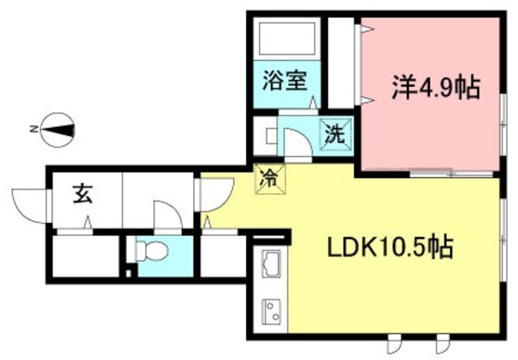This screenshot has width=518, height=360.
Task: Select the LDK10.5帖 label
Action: point(388,244)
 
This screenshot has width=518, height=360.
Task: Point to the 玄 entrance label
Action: point(82,196)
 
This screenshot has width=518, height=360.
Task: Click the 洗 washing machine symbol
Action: point(336,135)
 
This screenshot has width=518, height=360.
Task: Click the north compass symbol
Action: point(57,129)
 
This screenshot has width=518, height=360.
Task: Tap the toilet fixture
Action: point(151,252)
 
